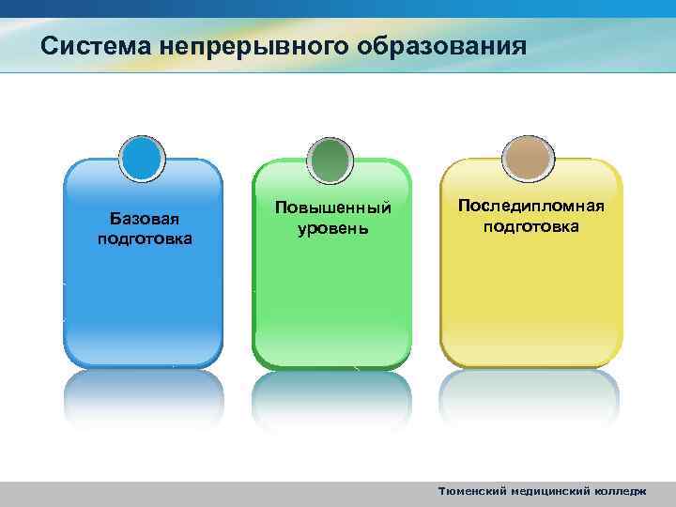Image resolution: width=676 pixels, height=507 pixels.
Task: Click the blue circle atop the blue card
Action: pos(143,159)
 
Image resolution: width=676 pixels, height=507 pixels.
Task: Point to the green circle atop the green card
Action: pos(330,159)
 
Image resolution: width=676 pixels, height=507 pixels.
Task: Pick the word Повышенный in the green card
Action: pos(332,207)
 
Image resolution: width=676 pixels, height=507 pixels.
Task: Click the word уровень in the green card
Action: pos(332,228)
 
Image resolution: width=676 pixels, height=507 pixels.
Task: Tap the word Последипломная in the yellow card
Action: pos(530,207)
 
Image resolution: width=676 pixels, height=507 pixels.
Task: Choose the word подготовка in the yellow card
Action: pos(530,226)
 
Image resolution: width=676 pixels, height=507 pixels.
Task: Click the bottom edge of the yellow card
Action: pos(530,364)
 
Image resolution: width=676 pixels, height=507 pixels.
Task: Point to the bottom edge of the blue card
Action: pos(144,364)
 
